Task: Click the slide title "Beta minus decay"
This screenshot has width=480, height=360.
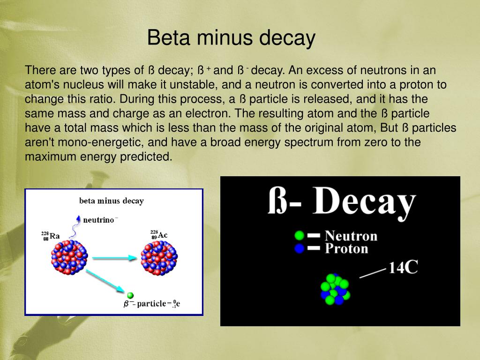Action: click(231, 37)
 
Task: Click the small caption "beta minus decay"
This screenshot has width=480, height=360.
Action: click(112, 201)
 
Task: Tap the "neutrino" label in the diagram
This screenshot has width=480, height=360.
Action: click(100, 220)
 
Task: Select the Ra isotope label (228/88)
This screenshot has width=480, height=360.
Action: click(50, 236)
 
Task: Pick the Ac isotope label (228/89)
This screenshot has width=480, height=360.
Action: click(159, 235)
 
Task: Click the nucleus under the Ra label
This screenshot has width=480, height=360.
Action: click(69, 257)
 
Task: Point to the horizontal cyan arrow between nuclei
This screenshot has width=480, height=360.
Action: click(114, 258)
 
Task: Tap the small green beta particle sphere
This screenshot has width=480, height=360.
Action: click(130, 295)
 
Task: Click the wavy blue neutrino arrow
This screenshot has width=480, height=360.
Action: click(75, 227)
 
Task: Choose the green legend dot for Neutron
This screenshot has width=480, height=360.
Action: click(299, 235)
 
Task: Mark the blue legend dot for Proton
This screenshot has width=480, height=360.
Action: click(299, 248)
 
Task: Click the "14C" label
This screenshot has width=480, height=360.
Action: click(403, 268)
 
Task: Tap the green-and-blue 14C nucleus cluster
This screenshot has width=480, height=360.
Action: click(335, 289)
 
